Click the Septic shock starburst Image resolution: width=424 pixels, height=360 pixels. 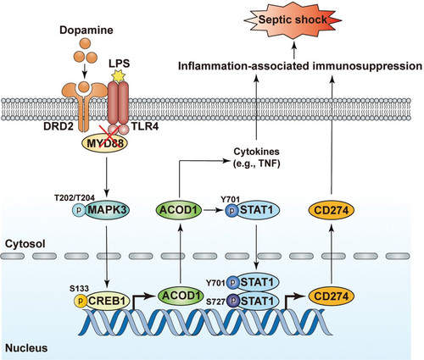point(293,19)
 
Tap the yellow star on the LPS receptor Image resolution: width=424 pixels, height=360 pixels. point(118,75)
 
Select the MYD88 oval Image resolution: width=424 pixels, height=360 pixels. point(104,143)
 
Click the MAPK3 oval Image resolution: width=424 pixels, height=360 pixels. point(107,210)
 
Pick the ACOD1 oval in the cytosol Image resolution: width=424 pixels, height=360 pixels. point(179,210)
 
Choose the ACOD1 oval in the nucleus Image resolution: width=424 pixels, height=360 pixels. point(181,296)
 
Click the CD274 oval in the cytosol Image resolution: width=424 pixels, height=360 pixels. point(332,210)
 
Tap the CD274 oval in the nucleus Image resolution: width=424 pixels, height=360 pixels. point(332,296)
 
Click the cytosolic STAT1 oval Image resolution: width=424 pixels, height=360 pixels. point(257,210)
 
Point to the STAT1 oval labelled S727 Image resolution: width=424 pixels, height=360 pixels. point(257,301)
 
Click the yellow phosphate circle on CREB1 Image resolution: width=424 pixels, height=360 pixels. point(81,301)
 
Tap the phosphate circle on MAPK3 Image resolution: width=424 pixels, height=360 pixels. point(79,210)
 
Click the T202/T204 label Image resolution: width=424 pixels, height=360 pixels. point(75,197)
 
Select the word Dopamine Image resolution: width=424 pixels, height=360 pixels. point(86,30)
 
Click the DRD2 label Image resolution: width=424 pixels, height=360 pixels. point(59,126)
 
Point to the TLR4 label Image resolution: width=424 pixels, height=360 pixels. point(145,126)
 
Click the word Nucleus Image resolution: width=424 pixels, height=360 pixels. point(26,348)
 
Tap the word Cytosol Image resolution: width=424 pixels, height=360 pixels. point(25,244)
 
